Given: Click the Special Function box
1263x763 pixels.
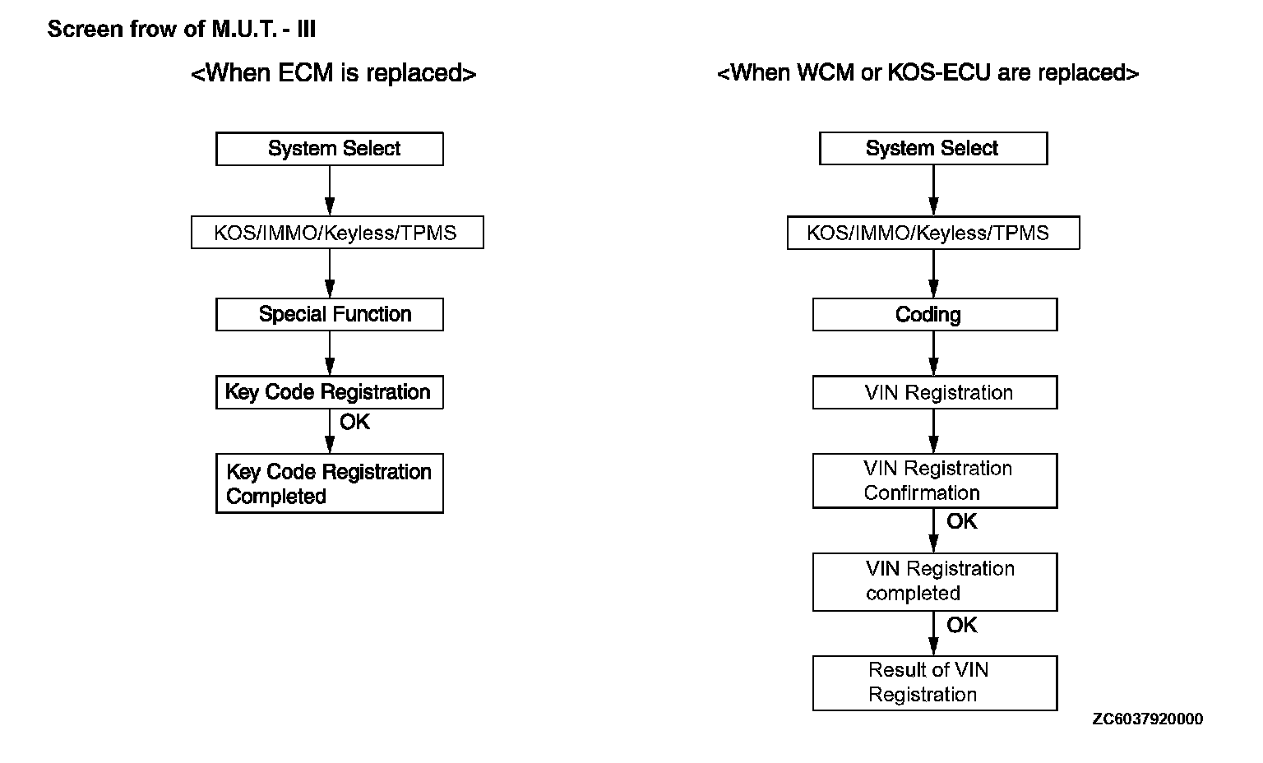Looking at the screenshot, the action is [329, 314].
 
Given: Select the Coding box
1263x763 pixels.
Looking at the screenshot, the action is [935, 314].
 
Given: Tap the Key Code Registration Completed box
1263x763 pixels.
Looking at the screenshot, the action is [329, 483].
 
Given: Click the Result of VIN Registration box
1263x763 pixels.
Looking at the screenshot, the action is [935, 683].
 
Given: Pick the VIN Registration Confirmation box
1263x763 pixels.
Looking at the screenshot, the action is [935, 480].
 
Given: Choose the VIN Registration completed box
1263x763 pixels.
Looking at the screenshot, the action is [935, 581].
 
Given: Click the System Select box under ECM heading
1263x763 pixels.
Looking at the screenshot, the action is [329, 149].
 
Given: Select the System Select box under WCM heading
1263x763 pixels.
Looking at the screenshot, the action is [933, 148].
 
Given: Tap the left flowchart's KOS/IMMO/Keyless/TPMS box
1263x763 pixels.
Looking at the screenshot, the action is [337, 233].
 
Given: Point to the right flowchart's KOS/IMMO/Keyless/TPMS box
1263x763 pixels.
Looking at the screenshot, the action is [933, 233].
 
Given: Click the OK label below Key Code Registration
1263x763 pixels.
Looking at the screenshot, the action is [354, 422].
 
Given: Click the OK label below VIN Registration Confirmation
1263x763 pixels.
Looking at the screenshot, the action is [962, 521].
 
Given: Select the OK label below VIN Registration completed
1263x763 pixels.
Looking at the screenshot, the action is [962, 625].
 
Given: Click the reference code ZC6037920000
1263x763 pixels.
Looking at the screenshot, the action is [1147, 719].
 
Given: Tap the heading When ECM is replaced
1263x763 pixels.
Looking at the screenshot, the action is [334, 73].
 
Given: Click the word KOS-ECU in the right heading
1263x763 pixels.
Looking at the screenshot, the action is [939, 72].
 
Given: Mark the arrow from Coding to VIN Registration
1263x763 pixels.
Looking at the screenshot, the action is [934, 353].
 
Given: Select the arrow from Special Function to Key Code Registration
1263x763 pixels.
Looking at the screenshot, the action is [330, 353].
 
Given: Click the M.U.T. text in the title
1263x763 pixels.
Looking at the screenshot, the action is [244, 30].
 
